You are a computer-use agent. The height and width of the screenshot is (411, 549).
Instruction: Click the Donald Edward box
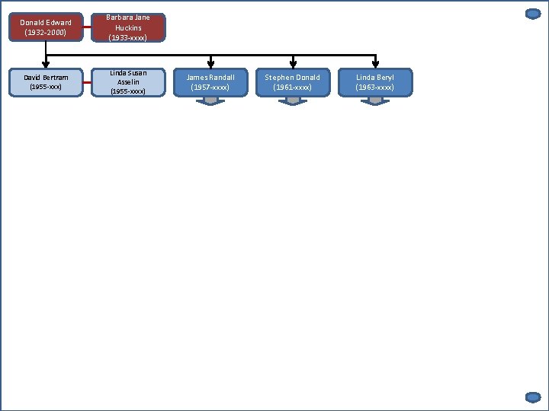tap(46, 27)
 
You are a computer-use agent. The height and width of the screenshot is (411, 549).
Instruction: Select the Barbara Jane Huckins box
tap(128, 27)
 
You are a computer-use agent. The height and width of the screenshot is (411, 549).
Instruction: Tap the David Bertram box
tap(46, 82)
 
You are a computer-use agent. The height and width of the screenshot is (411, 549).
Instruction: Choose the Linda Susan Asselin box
tap(128, 82)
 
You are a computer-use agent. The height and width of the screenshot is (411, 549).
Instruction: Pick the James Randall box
tap(211, 82)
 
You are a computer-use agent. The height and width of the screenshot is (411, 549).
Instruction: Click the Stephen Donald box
tap(293, 82)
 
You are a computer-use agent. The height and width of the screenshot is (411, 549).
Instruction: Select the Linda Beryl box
tap(375, 82)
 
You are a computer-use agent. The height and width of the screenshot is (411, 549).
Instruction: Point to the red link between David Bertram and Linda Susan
tap(88, 82)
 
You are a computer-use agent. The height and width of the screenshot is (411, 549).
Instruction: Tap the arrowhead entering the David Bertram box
tap(46, 65)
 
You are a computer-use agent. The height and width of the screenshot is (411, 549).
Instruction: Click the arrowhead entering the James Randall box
tap(211, 65)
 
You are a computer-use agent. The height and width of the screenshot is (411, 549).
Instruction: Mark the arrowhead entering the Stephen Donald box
tap(293, 65)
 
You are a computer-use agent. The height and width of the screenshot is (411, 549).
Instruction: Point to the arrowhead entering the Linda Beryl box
tap(375, 65)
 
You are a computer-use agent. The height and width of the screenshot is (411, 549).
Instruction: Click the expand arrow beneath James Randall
tap(211, 100)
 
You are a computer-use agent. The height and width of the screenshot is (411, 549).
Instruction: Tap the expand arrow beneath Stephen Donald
tap(293, 100)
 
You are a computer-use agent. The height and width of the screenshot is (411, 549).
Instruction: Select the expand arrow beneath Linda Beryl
tap(375, 100)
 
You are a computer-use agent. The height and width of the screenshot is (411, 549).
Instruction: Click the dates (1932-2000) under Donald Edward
tap(46, 32)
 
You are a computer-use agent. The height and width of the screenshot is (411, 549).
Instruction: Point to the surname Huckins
tap(128, 27)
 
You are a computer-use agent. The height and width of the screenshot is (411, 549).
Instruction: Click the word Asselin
tap(128, 82)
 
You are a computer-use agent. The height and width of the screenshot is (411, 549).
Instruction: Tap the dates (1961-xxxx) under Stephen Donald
tap(293, 88)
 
